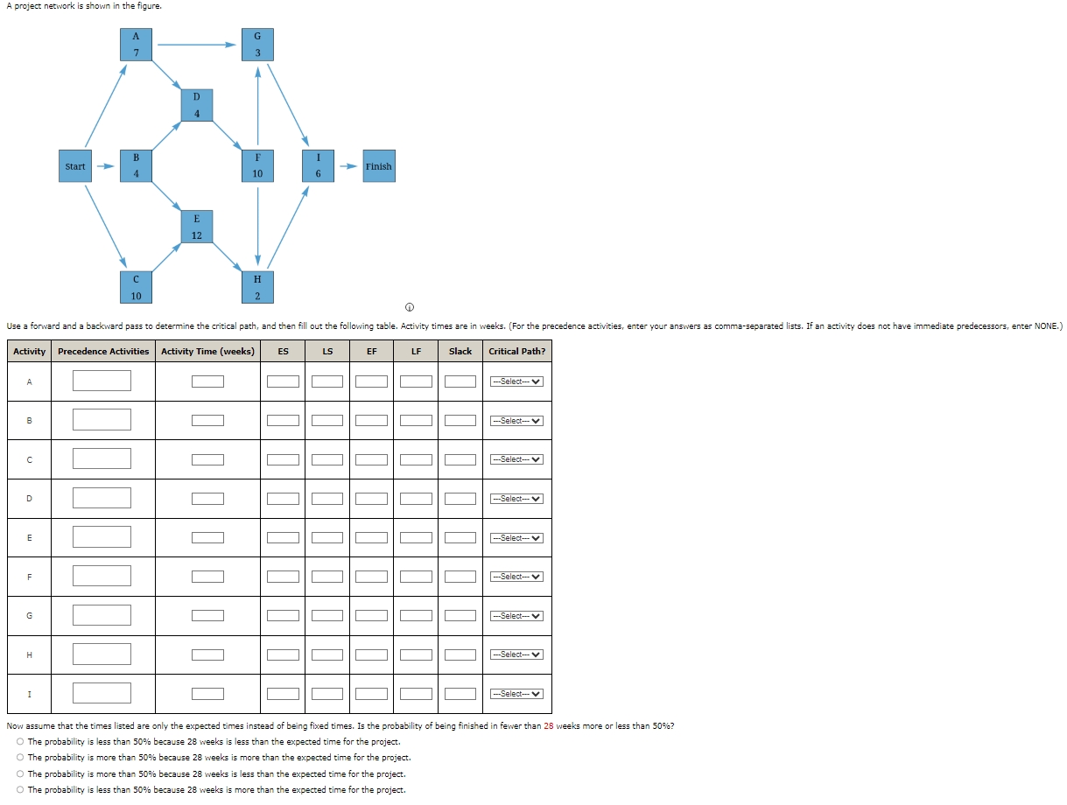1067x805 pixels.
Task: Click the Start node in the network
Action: [x=75, y=166]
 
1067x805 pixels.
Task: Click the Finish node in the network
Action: [x=378, y=166]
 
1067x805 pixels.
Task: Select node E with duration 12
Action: [x=196, y=227]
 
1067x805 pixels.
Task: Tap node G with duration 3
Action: [x=257, y=45]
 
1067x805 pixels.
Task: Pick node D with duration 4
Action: [x=196, y=105]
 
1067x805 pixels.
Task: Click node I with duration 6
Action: [x=318, y=166]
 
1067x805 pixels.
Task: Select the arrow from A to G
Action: [x=196, y=45]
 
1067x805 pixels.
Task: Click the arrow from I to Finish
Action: [x=348, y=166]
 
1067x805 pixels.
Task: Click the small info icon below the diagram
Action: [x=409, y=307]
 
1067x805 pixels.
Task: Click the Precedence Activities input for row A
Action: [x=102, y=381]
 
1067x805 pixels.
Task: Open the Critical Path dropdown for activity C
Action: [x=516, y=459]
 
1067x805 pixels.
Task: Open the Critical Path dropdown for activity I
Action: [x=516, y=694]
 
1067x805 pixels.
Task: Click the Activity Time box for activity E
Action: [x=207, y=538]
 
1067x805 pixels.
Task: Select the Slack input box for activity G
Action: [x=460, y=616]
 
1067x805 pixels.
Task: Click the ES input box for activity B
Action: [x=283, y=421]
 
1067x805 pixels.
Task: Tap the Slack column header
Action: [x=460, y=352]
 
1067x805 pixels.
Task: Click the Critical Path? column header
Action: [x=516, y=352]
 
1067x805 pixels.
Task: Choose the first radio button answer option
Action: [x=19, y=742]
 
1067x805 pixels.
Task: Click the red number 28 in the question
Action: [x=550, y=726]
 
